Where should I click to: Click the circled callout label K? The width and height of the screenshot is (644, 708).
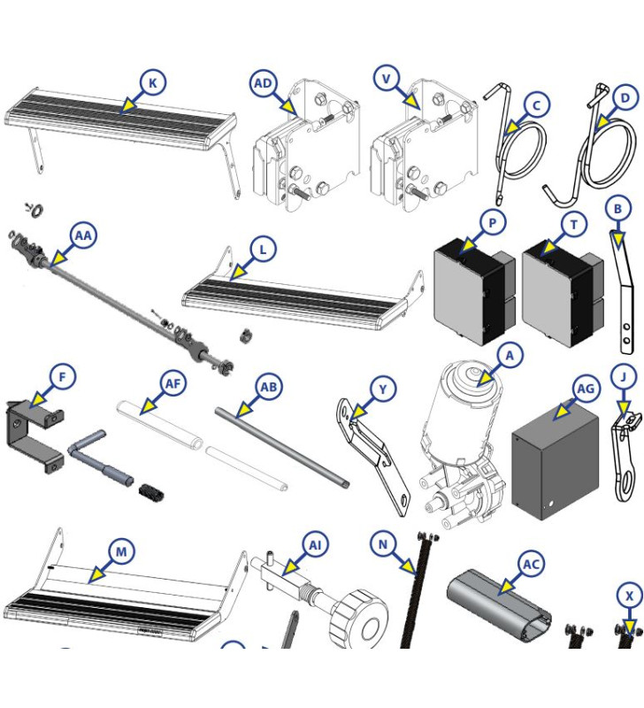tap(153, 83)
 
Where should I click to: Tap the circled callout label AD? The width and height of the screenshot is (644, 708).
tap(264, 83)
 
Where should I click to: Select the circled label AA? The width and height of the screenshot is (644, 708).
tap(82, 235)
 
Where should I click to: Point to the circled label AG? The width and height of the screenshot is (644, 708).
tap(586, 389)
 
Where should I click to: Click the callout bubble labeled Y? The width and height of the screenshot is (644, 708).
tap(382, 389)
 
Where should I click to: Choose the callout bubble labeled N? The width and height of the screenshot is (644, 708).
tap(382, 544)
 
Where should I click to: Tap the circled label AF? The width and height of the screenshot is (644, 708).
tap(174, 385)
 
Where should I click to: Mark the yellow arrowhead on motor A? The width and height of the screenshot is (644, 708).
tap(480, 381)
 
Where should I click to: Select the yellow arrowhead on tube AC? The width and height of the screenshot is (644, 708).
tap(505, 586)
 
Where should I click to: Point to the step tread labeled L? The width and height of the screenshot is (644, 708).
tap(296, 295)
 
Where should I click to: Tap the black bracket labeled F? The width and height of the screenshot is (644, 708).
tap(35, 434)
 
